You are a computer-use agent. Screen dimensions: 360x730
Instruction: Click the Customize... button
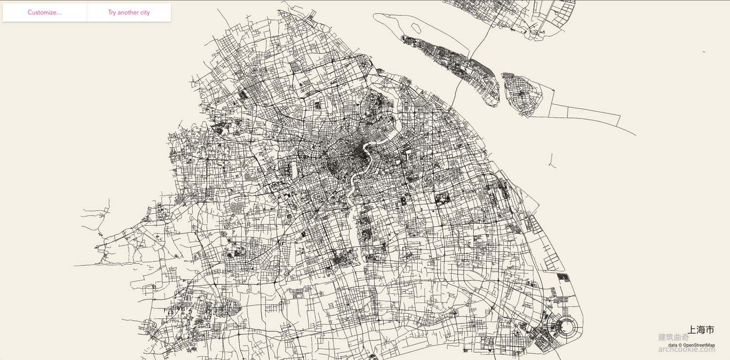(44, 13)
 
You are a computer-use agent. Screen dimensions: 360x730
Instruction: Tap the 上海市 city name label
(701, 330)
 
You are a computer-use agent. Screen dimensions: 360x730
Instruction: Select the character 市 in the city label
(710, 330)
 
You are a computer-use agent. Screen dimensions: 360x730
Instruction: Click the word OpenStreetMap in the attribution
(699, 345)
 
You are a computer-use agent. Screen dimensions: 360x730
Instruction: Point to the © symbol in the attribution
(680, 345)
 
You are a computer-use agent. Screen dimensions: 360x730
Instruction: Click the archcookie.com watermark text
(686, 349)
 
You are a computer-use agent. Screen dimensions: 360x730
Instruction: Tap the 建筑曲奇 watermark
(674, 337)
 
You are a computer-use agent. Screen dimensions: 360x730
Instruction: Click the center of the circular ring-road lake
(565, 325)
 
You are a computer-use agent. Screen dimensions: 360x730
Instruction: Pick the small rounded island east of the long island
(523, 95)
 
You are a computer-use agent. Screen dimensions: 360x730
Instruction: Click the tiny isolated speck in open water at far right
(704, 52)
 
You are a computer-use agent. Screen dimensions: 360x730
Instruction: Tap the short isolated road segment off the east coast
(551, 160)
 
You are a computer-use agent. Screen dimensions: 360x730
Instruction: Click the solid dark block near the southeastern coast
(563, 278)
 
